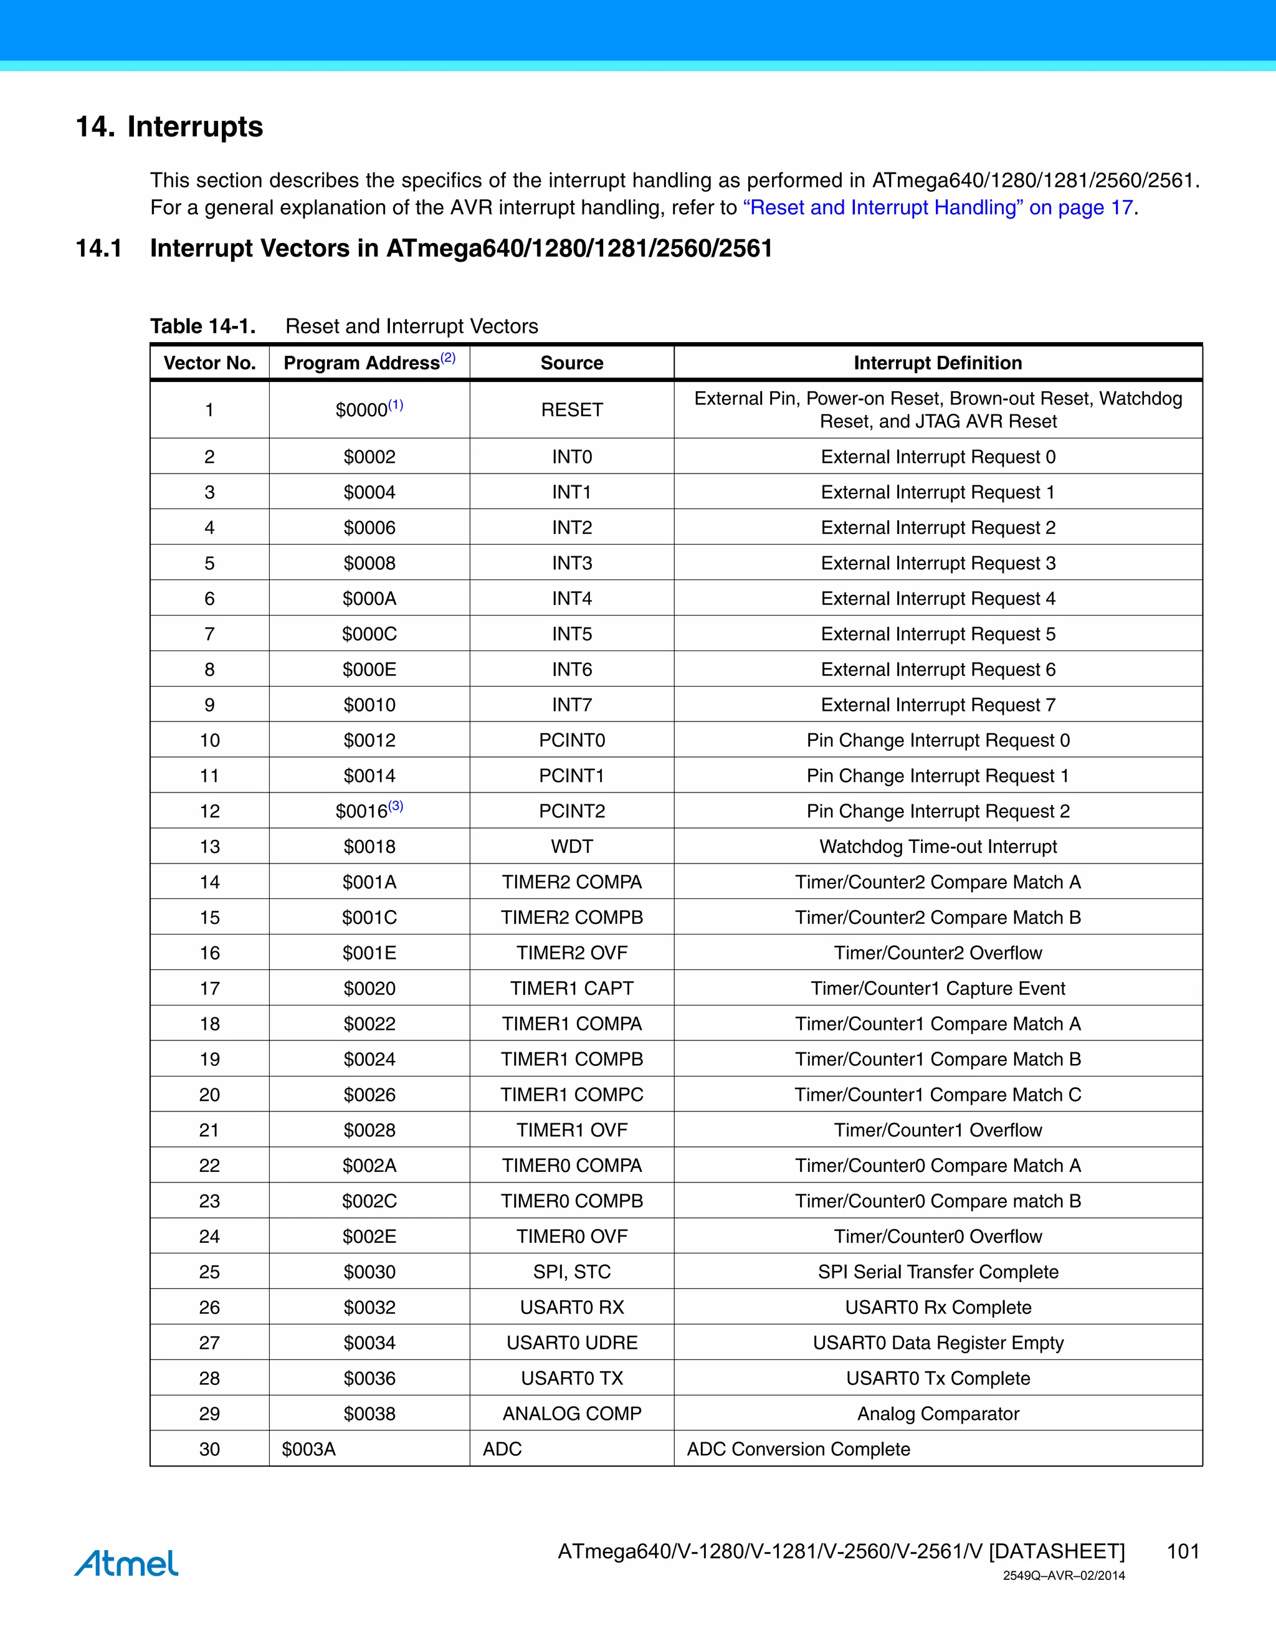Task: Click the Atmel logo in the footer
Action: [x=126, y=1563]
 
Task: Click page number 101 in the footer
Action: [x=1183, y=1551]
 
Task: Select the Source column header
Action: [x=571, y=363]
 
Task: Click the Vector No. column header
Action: [x=209, y=363]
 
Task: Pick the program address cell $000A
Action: [x=369, y=599]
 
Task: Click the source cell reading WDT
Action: [x=571, y=847]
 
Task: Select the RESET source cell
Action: [x=571, y=410]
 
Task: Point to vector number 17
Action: [x=209, y=988]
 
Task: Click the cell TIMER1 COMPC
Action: [x=571, y=1095]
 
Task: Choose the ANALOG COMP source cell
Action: [x=571, y=1414]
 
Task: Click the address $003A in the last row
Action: [x=308, y=1449]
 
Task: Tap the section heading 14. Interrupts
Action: [x=169, y=126]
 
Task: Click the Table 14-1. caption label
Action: [x=202, y=326]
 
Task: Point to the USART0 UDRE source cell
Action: [x=571, y=1343]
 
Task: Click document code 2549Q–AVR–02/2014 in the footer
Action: [x=1063, y=1576]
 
